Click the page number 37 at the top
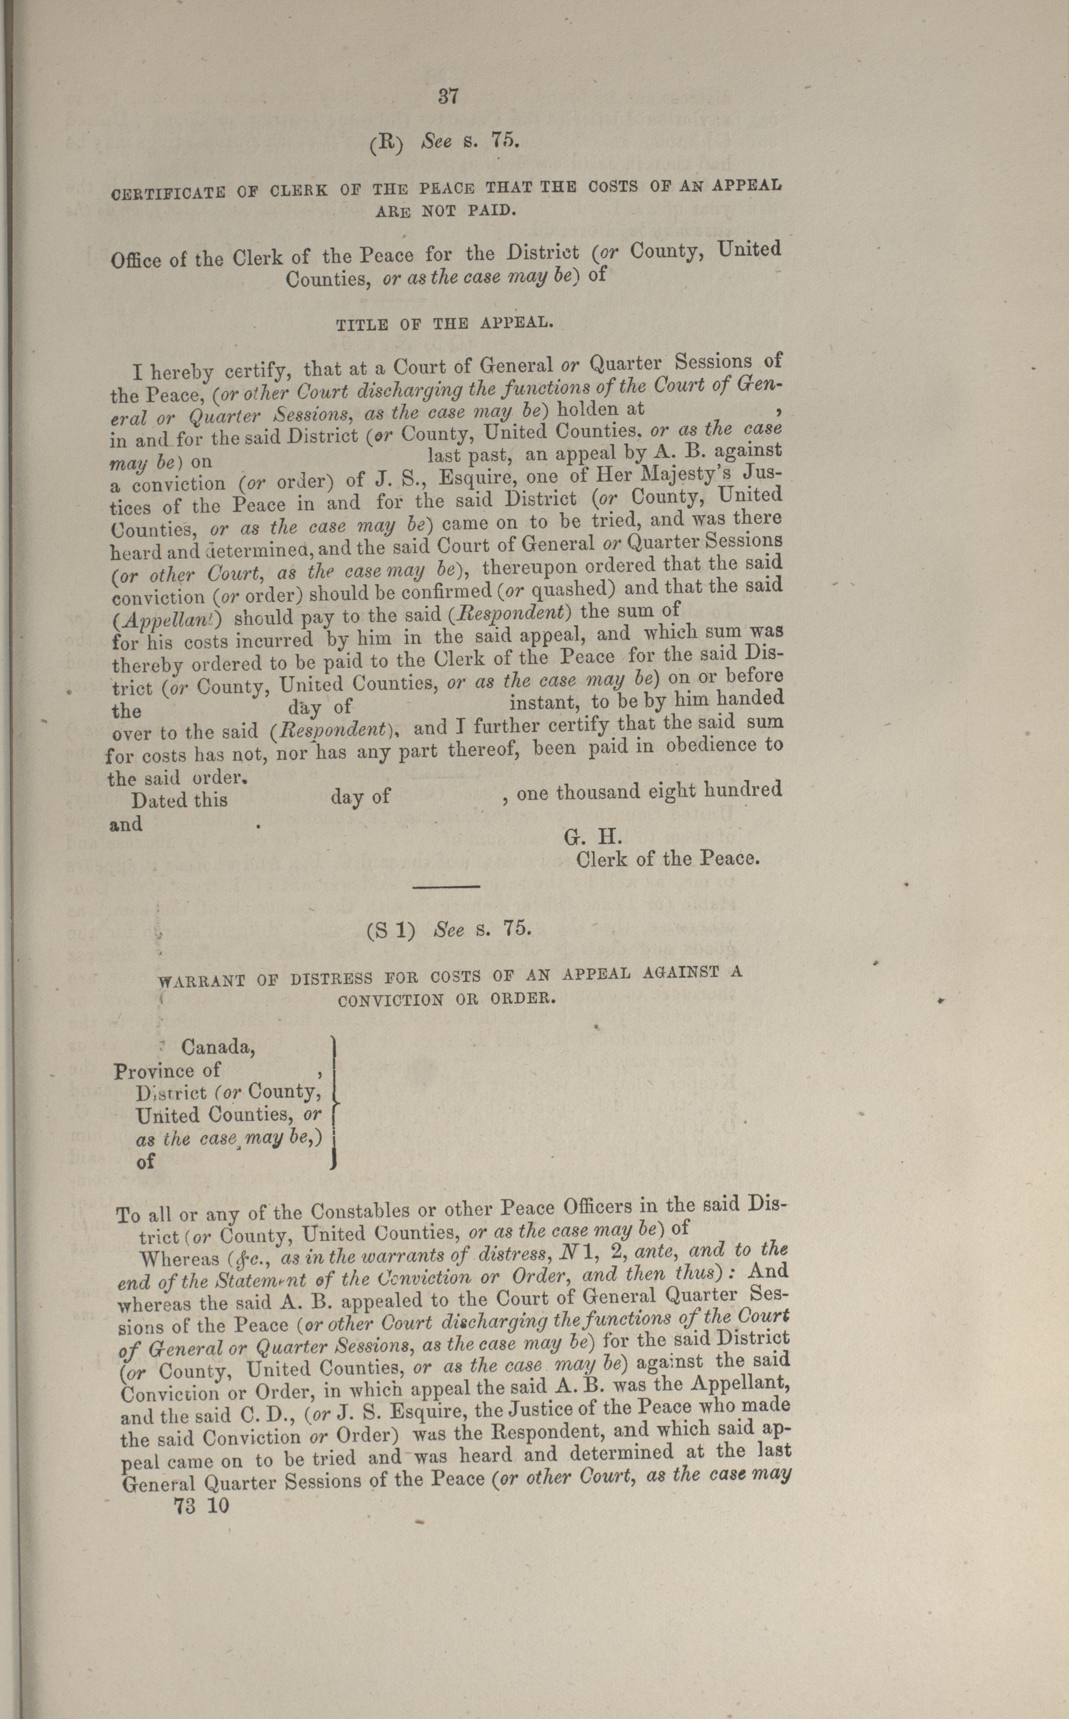pyautogui.click(x=448, y=96)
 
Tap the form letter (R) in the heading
pyautogui.click(x=386, y=143)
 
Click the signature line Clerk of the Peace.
pyautogui.click(x=668, y=859)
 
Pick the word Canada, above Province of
pyautogui.click(x=218, y=1046)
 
